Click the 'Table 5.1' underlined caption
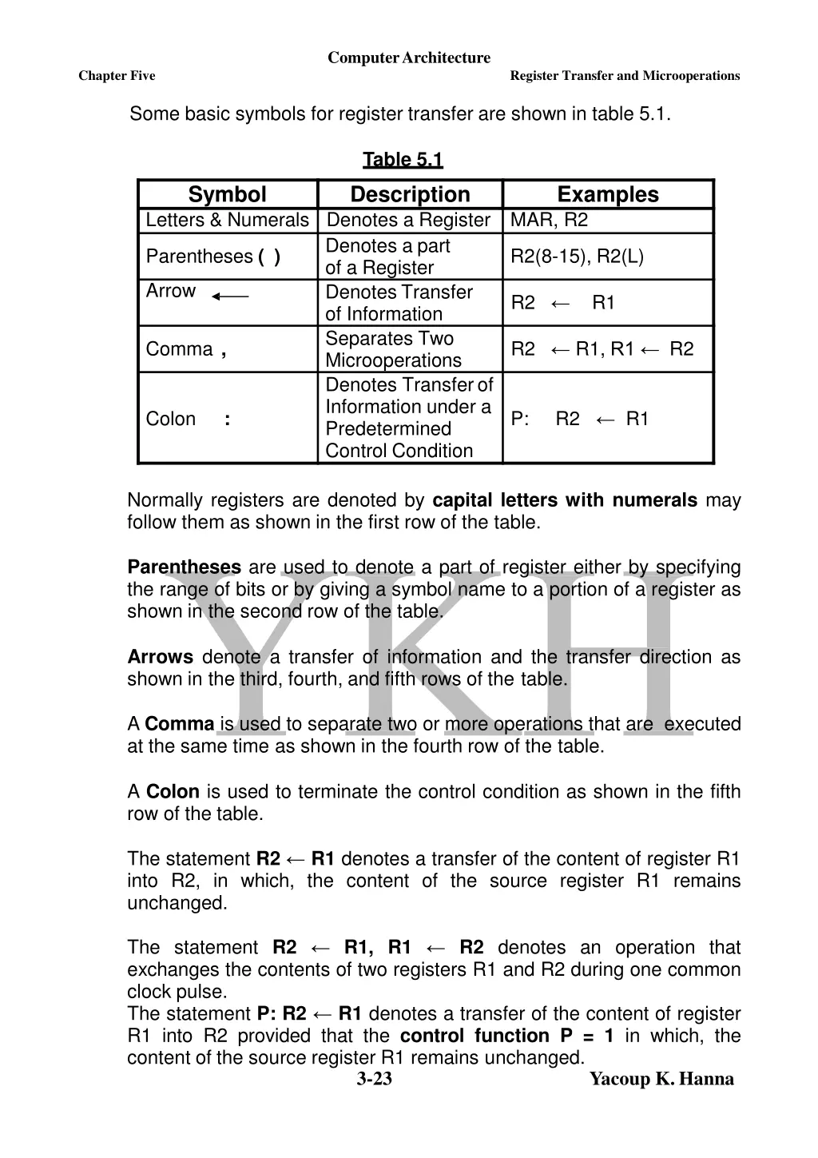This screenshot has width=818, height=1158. [403, 160]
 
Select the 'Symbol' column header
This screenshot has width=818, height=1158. [227, 194]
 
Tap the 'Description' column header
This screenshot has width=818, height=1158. [410, 194]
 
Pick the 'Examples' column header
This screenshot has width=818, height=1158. [608, 194]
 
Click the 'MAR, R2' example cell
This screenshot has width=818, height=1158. [549, 220]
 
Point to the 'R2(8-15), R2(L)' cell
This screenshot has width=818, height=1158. [577, 257]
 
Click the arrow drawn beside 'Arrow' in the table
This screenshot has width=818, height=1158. [230, 296]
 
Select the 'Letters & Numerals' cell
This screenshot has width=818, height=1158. [227, 220]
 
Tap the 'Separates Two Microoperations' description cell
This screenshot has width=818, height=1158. [393, 349]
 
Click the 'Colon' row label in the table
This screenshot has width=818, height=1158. [171, 419]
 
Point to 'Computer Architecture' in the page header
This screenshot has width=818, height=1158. [409, 58]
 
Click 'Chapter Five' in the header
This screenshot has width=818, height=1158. [117, 76]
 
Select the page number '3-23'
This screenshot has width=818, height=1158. [374, 1079]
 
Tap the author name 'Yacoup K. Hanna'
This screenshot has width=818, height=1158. [661, 1079]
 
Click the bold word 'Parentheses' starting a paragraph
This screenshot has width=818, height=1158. [184, 567]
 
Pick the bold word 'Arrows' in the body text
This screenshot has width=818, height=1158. [160, 657]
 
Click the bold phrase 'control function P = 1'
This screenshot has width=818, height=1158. [506, 1036]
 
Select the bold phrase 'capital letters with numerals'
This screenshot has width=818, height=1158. [565, 500]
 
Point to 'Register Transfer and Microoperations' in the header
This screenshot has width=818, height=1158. [625, 76]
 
